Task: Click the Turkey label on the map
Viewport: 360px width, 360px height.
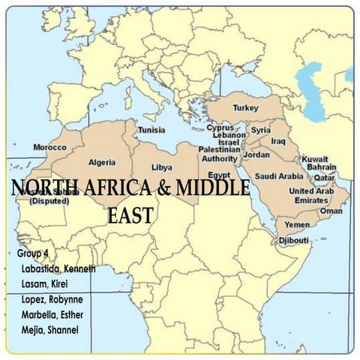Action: (245, 108)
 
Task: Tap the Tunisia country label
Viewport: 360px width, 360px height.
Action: (151, 130)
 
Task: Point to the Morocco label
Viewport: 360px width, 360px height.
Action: (50, 147)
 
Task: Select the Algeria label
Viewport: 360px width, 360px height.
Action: (102, 162)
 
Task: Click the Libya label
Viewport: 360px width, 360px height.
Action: (161, 166)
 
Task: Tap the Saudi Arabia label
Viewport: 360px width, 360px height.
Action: (280, 176)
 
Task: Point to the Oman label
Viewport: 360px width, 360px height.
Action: (331, 211)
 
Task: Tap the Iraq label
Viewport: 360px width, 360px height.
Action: (277, 140)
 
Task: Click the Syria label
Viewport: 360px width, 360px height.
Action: (260, 130)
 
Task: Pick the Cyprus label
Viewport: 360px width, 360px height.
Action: (220, 127)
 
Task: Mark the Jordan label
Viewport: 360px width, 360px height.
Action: (257, 154)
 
